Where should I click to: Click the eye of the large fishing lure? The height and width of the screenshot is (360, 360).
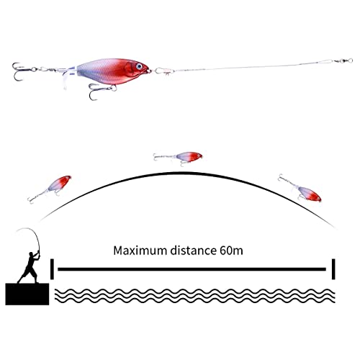tap(139, 66)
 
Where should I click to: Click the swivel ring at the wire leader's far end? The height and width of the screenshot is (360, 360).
tap(350, 60)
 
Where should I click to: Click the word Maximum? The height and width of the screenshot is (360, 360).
tap(140, 251)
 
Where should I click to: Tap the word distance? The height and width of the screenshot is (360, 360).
tap(193, 251)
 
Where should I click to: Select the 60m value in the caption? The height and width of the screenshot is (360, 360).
tap(231, 251)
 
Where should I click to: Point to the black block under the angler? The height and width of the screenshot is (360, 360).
tap(27, 294)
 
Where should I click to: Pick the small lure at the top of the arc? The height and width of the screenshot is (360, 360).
tap(178, 158)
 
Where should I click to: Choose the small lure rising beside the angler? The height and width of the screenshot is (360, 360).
tap(50, 189)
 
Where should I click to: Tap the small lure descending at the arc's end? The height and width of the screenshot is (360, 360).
tap(300, 189)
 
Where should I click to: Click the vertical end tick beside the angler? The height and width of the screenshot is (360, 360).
tap(52, 269)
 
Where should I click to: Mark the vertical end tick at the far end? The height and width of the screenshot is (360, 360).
tap(333, 269)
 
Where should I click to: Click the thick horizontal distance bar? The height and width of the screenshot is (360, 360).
tap(192, 269)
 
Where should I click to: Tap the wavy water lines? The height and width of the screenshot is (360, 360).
tap(194, 296)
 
